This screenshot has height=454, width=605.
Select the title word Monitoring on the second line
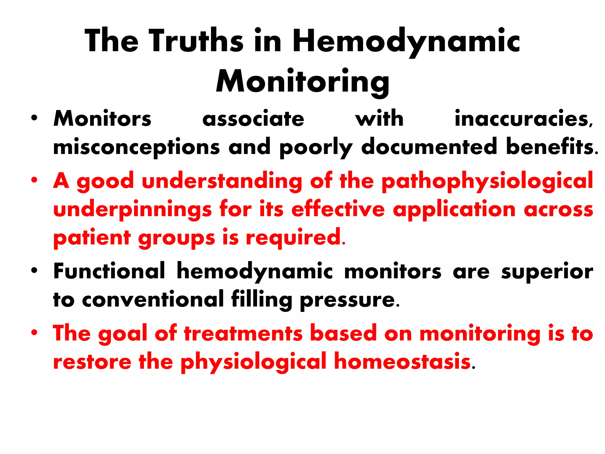302,82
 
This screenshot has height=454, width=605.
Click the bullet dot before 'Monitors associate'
35,118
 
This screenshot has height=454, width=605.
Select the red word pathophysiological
487,181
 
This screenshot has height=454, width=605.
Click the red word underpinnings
132,209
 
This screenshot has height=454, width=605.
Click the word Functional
109,271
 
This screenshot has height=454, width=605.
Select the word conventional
153,299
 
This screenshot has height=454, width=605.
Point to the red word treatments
243,333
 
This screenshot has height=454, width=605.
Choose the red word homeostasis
402,361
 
